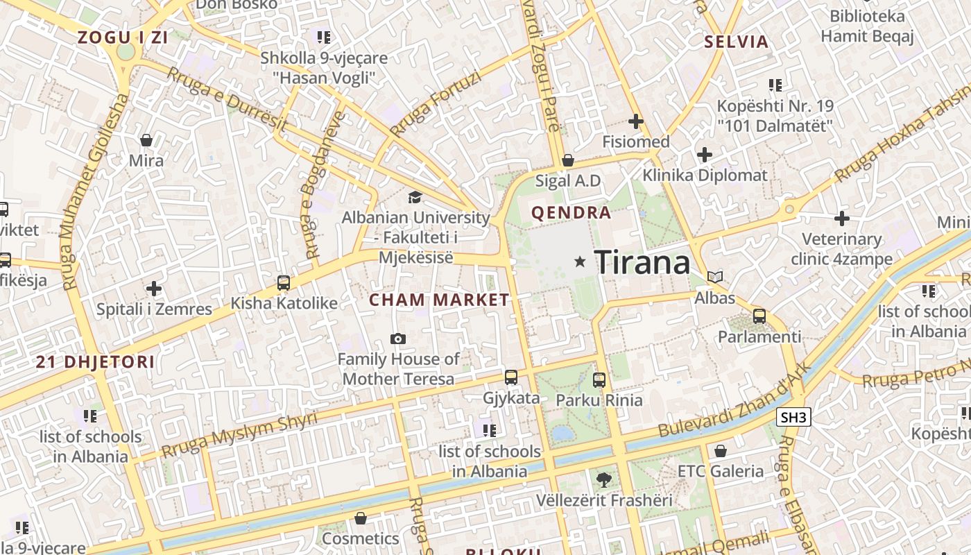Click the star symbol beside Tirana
pyautogui.click(x=580, y=262)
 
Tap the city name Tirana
pyautogui.click(x=642, y=262)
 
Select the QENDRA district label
pyautogui.click(x=571, y=212)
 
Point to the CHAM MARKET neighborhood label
pyautogui.click(x=439, y=300)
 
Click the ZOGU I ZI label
pyautogui.click(x=123, y=37)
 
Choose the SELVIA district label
pyautogui.click(x=737, y=42)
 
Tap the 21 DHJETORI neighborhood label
pyautogui.click(x=95, y=361)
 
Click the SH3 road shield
pyautogui.click(x=793, y=417)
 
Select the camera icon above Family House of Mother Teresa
pyautogui.click(x=397, y=339)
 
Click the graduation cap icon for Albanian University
pyautogui.click(x=415, y=198)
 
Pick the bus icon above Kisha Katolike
pyautogui.click(x=283, y=282)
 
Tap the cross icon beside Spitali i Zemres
pyautogui.click(x=154, y=288)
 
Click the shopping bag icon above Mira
pyautogui.click(x=146, y=140)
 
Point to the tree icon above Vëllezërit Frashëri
pyautogui.click(x=603, y=479)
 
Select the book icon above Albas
pyautogui.click(x=714, y=277)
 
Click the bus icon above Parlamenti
pyautogui.click(x=759, y=316)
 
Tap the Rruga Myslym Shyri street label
pyautogui.click(x=239, y=434)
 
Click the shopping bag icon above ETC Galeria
pyautogui.click(x=721, y=451)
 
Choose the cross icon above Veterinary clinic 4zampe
pyautogui.click(x=842, y=219)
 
